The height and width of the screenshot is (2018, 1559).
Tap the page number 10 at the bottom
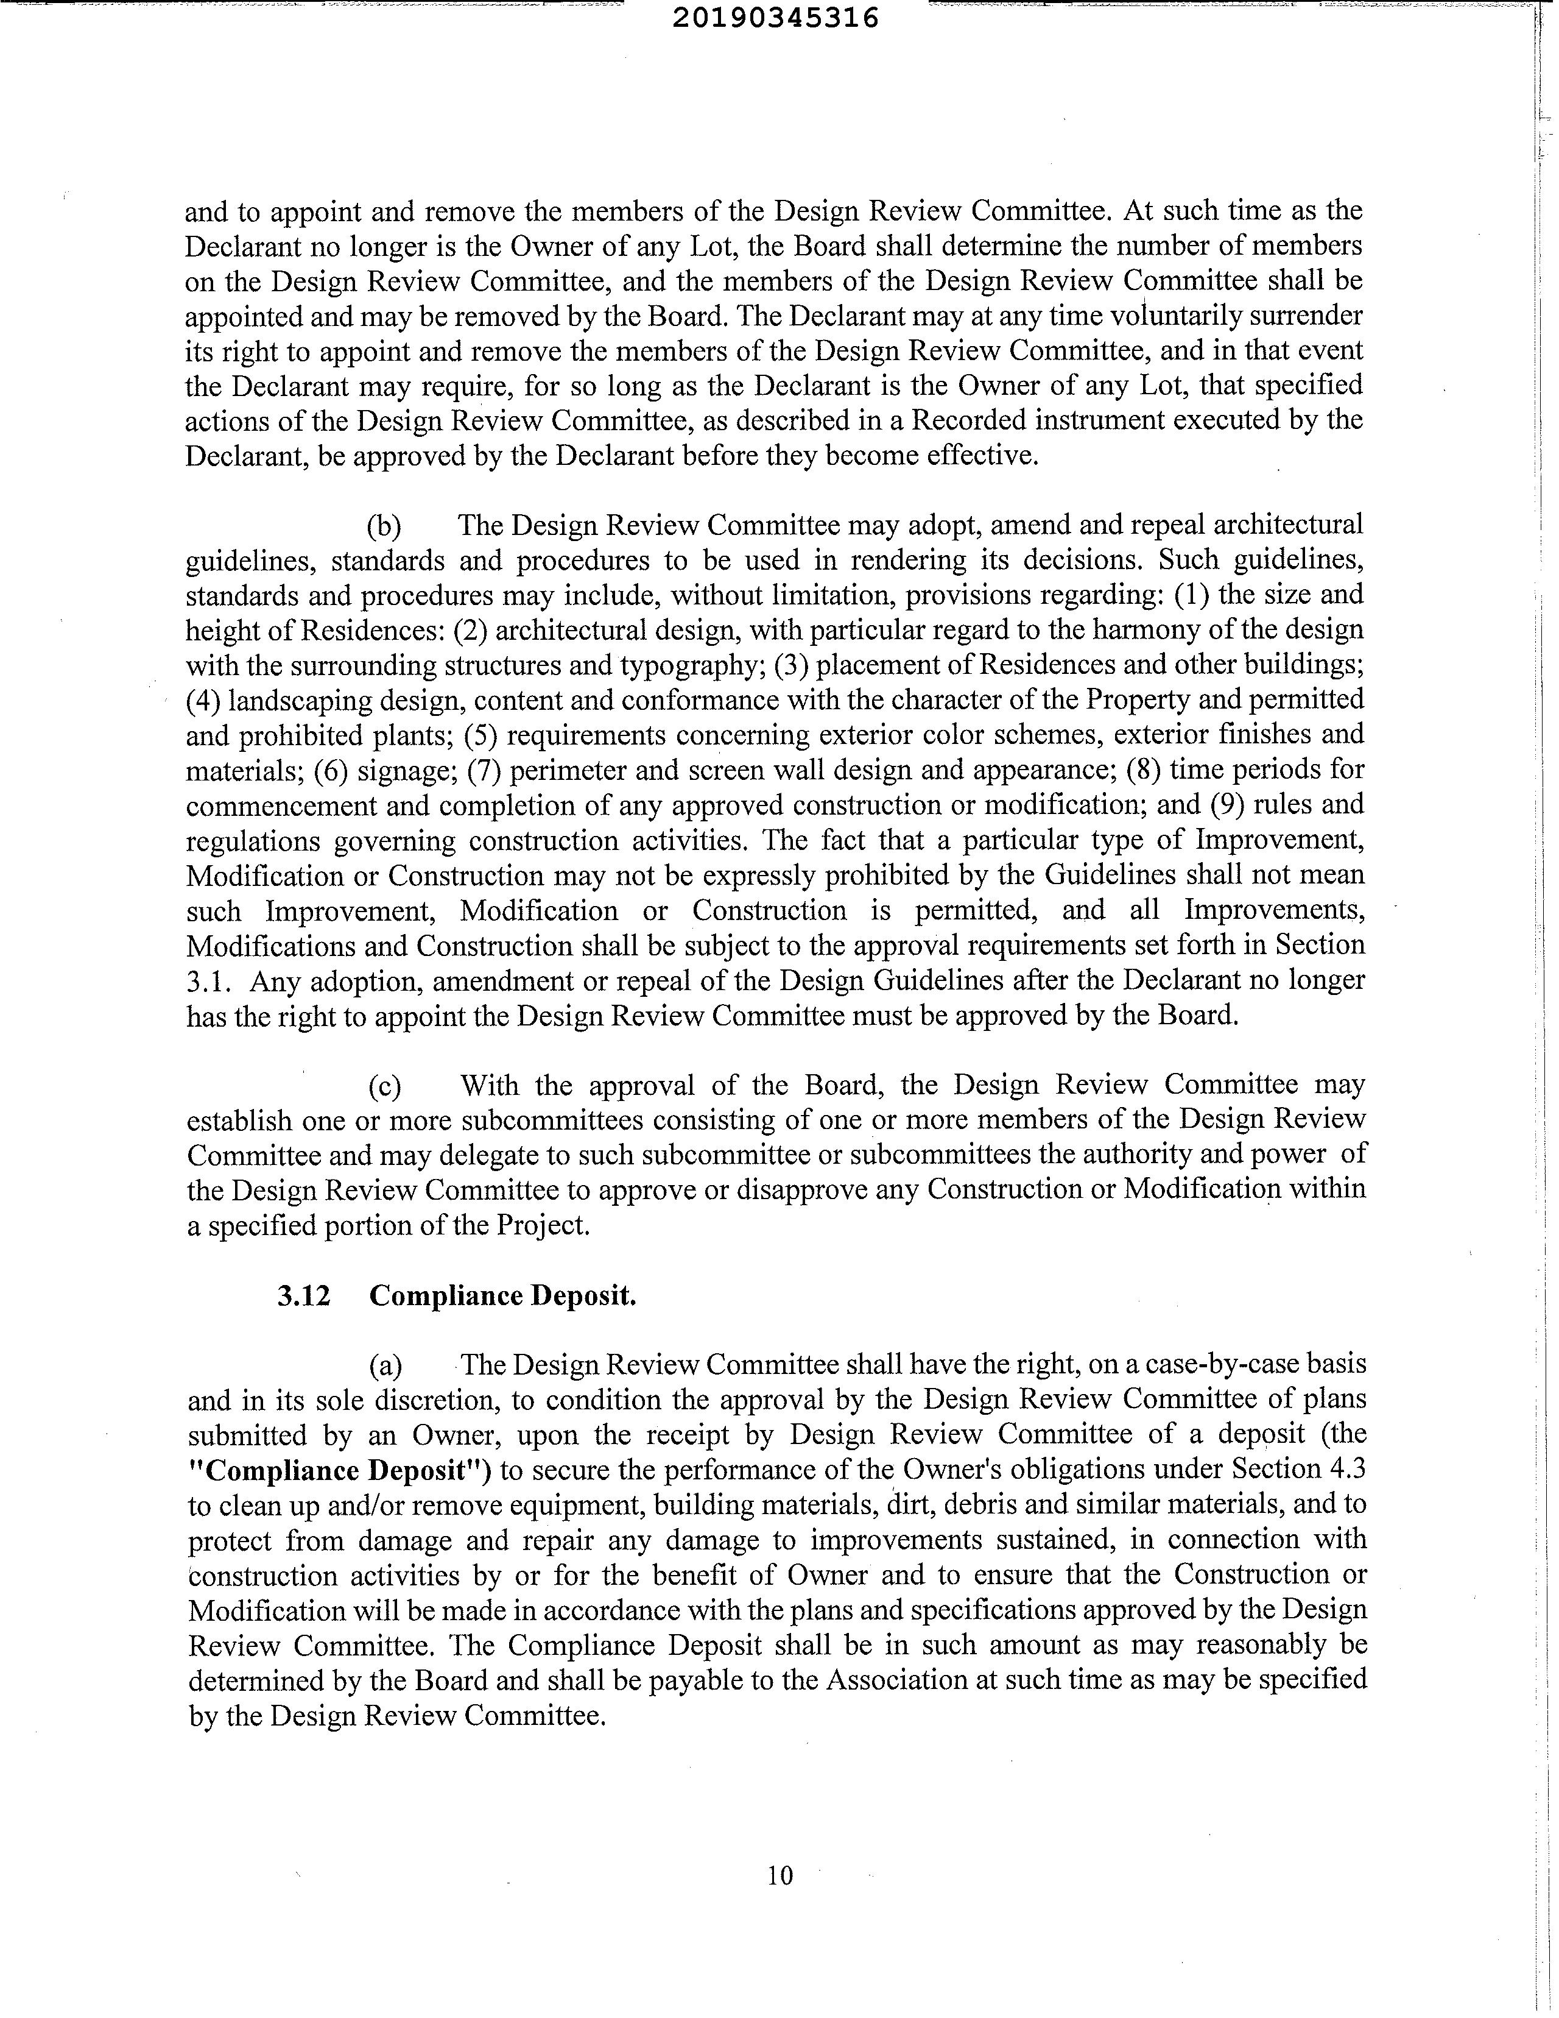779,1875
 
